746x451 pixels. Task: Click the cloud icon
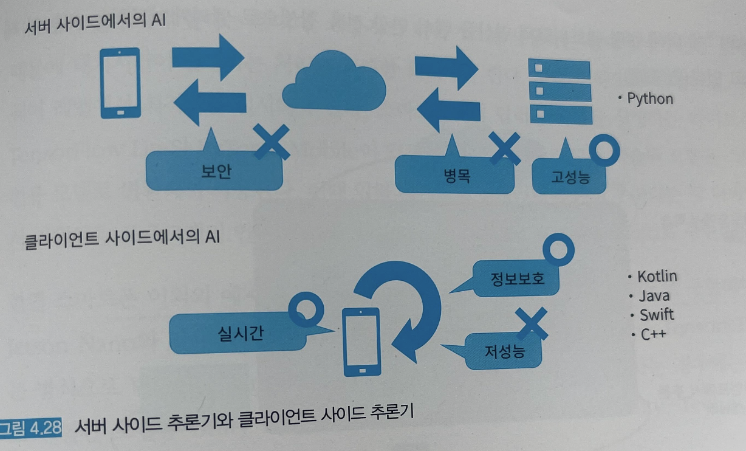click(334, 83)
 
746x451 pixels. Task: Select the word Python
click(650, 98)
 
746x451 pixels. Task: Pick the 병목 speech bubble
click(455, 175)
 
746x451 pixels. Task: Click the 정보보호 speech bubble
click(517, 279)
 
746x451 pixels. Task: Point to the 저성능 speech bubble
click(504, 351)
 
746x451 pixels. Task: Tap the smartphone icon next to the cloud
click(120, 83)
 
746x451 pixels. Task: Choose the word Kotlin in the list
click(657, 277)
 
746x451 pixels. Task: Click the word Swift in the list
click(657, 315)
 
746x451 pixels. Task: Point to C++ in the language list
click(653, 334)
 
